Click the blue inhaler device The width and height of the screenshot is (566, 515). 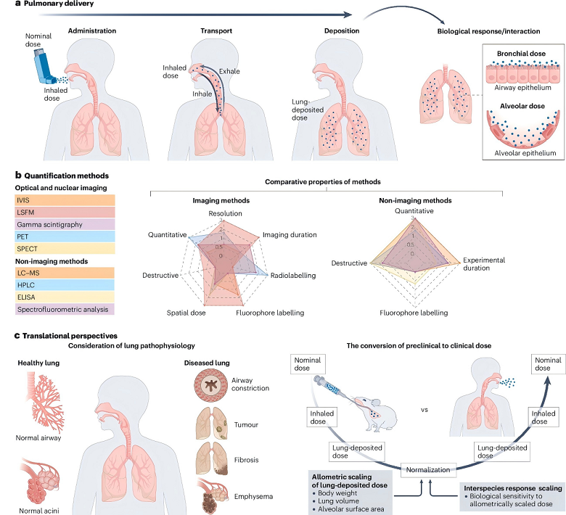[44, 67]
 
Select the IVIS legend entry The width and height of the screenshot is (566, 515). [65, 200]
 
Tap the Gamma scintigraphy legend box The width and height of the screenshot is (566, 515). [65, 224]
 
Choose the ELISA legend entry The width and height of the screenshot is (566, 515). [65, 297]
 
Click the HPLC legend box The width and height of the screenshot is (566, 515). [65, 285]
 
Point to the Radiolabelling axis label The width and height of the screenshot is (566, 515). [293, 276]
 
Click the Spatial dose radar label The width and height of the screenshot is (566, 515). [186, 313]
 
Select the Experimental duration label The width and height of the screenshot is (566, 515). [484, 264]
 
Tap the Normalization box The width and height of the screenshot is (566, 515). [428, 470]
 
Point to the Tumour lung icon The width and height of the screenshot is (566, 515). [212, 424]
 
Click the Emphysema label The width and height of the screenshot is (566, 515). [253, 497]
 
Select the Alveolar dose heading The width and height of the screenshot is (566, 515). [522, 106]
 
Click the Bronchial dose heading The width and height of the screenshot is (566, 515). [521, 54]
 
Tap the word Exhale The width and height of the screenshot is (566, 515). [229, 72]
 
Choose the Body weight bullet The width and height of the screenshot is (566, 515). [335, 493]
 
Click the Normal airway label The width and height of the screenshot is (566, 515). [38, 438]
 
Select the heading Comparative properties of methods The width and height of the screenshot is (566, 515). [323, 182]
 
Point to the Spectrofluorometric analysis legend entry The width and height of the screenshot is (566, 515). [65, 309]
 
